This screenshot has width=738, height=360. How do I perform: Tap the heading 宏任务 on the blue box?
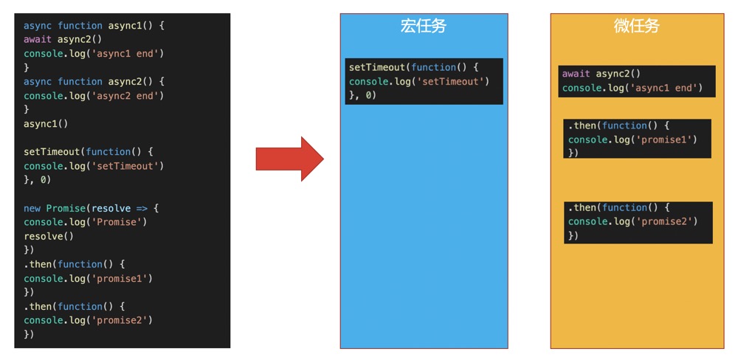click(x=424, y=27)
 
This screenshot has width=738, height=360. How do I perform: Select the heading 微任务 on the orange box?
click(x=636, y=27)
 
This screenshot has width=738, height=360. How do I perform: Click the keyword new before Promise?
click(x=32, y=208)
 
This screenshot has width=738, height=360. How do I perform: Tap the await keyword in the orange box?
click(x=576, y=74)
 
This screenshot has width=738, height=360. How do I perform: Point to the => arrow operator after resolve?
click(x=142, y=208)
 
